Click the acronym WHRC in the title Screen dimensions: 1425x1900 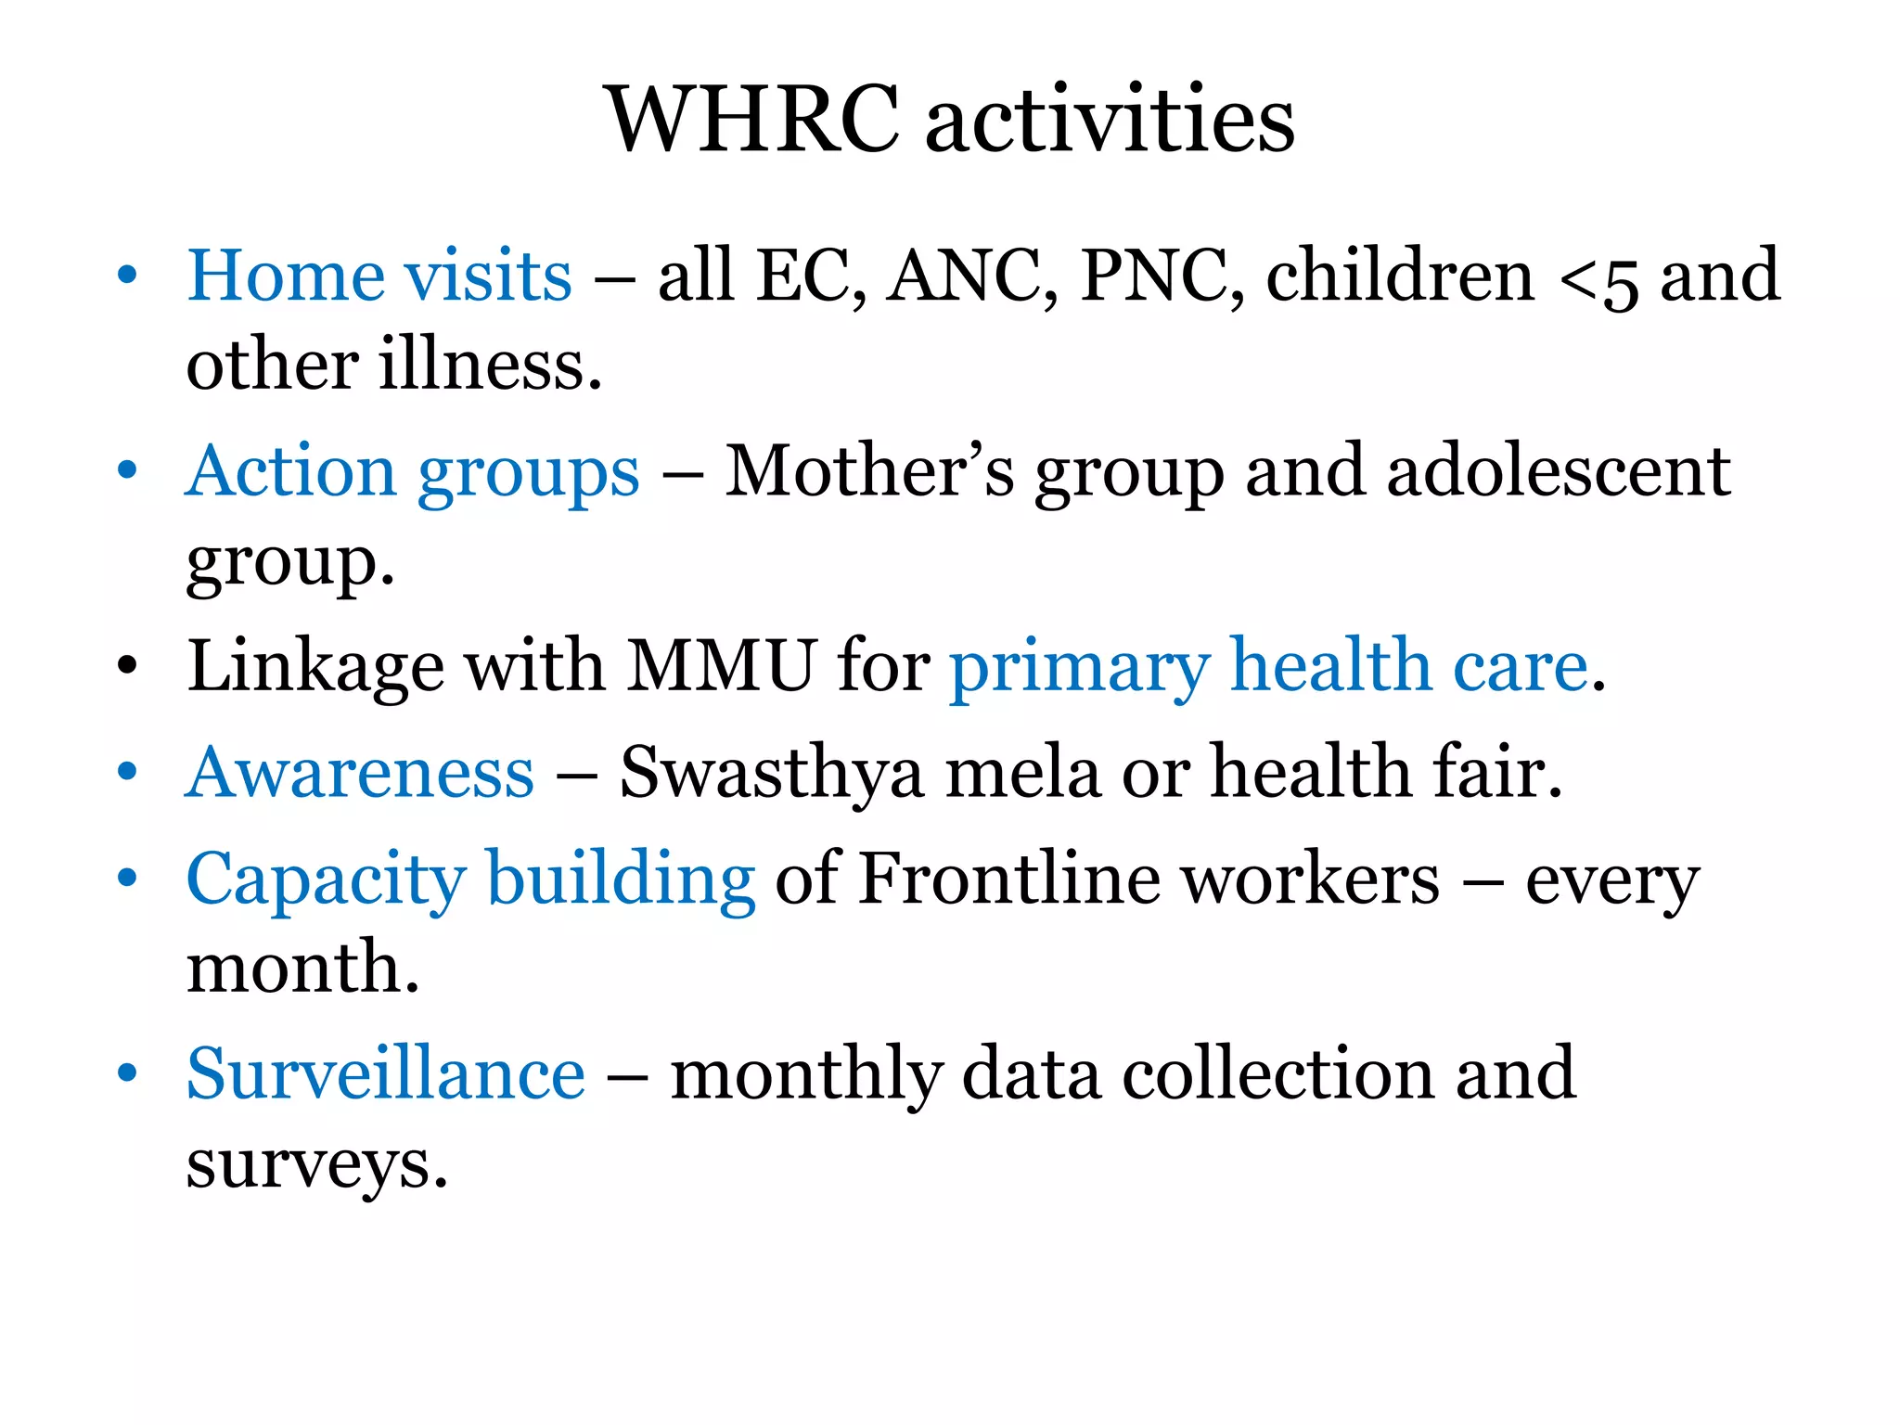click(x=752, y=121)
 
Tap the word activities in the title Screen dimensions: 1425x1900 click(x=1110, y=121)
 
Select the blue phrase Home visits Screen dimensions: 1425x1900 click(x=379, y=276)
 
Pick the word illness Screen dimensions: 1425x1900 click(x=491, y=365)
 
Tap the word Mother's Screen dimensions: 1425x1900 click(x=869, y=471)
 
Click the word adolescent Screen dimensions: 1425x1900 click(x=1559, y=471)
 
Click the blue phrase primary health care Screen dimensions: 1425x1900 click(x=1269, y=666)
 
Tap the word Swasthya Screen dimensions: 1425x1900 click(x=772, y=774)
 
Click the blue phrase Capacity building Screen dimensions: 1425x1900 click(x=471, y=879)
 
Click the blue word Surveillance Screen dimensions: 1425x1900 click(x=386, y=1073)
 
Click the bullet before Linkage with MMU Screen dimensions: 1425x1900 click(x=127, y=666)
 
